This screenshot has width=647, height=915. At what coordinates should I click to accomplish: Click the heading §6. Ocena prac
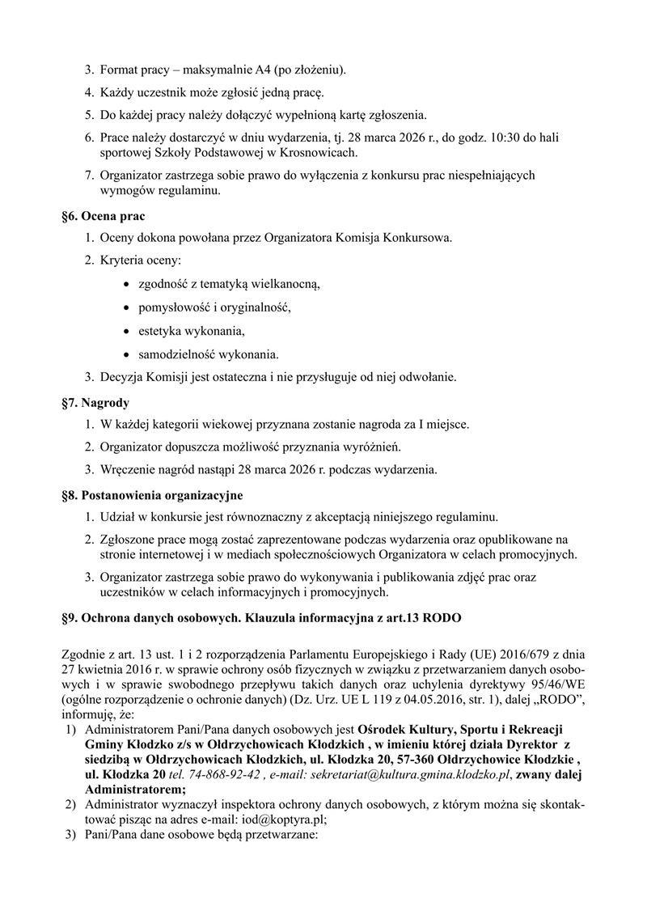[103, 216]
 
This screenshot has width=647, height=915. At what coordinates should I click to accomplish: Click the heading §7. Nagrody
[95, 402]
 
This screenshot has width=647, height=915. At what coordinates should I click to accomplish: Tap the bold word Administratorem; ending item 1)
[135, 789]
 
